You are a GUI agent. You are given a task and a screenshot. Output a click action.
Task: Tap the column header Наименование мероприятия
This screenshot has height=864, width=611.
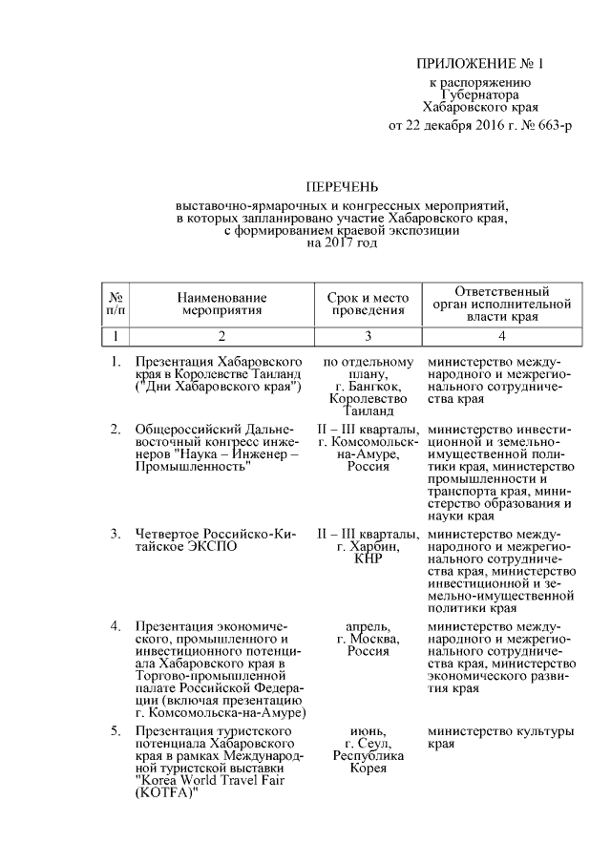coord(221,305)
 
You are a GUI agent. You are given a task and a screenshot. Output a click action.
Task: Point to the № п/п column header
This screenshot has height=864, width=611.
coord(115,305)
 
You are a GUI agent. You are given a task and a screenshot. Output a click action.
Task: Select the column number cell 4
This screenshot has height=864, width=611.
coord(500,336)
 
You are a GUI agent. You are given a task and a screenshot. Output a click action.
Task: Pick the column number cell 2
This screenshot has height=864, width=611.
coord(221,336)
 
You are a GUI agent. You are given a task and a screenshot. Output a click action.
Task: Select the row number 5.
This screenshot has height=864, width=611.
coord(115,731)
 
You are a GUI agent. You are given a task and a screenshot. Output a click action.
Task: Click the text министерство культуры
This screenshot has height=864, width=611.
coord(501,731)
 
